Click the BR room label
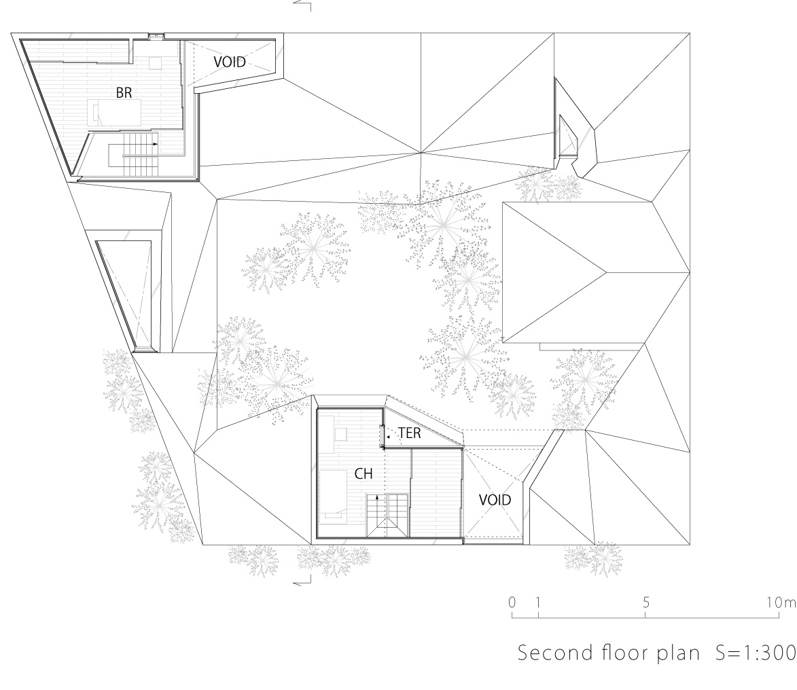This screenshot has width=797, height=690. (x=124, y=92)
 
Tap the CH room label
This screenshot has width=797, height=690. (x=364, y=473)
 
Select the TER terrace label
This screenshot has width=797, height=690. (x=410, y=433)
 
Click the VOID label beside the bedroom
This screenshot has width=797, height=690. (x=229, y=62)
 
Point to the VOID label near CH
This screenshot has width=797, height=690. (x=495, y=500)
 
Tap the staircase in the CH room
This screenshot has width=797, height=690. (x=387, y=515)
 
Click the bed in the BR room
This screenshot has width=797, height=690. (x=114, y=113)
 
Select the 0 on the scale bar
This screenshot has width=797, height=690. (x=512, y=602)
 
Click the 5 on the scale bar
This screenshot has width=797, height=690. (x=645, y=602)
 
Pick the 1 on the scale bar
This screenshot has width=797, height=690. (x=538, y=602)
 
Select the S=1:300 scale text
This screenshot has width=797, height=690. (x=756, y=653)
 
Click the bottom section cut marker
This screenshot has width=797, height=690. (x=302, y=581)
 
